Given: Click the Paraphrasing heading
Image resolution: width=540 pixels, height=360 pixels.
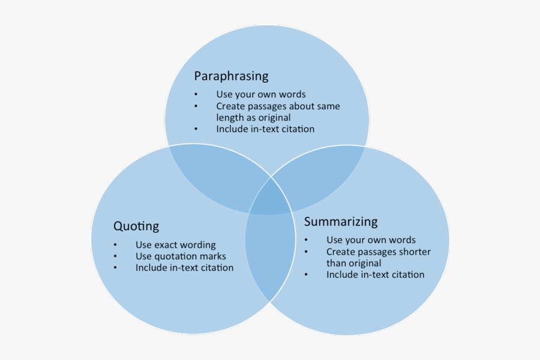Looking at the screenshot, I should (x=231, y=76).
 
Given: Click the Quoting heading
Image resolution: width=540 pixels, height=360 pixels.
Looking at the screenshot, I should (x=136, y=226).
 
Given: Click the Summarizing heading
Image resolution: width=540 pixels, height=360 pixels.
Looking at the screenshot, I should (x=341, y=221).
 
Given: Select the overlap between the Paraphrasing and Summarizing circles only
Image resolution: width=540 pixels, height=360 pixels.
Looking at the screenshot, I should (x=324, y=174).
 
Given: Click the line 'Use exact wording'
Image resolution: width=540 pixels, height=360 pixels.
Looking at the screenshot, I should (x=175, y=245).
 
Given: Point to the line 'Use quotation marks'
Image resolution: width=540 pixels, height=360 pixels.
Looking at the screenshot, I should (x=181, y=256).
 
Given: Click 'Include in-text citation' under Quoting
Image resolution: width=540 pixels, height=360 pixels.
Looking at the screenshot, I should (x=184, y=268).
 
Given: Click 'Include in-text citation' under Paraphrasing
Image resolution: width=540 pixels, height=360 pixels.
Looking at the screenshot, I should (x=265, y=129).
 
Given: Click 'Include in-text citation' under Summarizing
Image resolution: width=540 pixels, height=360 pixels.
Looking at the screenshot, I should (x=375, y=275).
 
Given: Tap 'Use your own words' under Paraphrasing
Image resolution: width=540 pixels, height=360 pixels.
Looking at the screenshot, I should (x=261, y=94).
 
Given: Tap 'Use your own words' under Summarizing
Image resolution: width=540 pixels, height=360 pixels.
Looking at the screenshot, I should (x=371, y=240).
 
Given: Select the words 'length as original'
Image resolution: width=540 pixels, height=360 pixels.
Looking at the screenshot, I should (x=253, y=118).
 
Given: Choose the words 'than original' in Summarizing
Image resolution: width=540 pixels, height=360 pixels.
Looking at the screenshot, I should (x=353, y=263).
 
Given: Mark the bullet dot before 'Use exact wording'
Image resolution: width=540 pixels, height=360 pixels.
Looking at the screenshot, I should (x=115, y=245).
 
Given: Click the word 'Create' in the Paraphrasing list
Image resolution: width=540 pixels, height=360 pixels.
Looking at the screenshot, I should (x=231, y=106).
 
